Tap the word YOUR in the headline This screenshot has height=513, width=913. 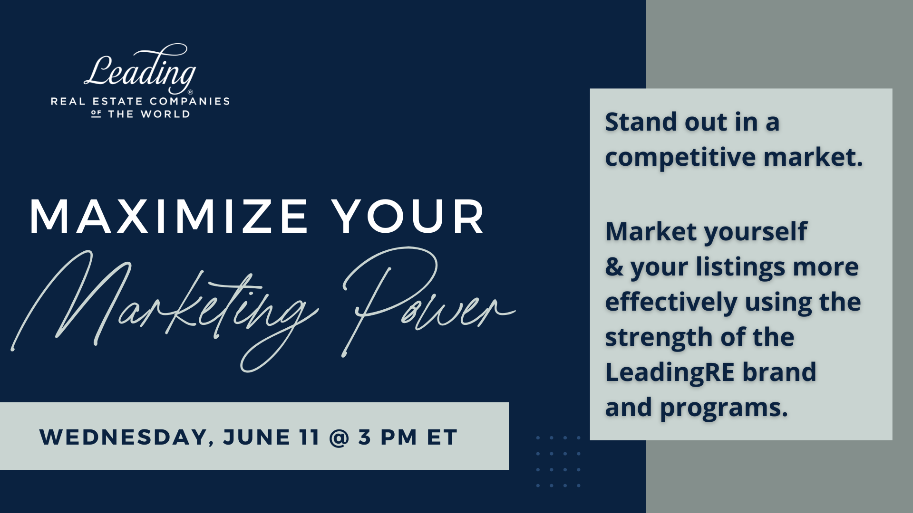click(408, 217)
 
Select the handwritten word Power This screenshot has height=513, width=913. click(428, 299)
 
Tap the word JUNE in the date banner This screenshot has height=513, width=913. click(257, 437)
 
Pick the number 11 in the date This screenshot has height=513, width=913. click(310, 437)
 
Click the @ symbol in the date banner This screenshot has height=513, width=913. click(339, 437)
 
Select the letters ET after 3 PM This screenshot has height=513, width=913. click(442, 437)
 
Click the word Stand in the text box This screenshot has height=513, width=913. click(641, 122)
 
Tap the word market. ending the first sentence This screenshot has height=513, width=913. click(813, 158)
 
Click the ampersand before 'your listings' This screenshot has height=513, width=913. click(614, 266)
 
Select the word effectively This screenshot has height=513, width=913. click(671, 303)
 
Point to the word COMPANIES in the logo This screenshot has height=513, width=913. click(190, 101)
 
